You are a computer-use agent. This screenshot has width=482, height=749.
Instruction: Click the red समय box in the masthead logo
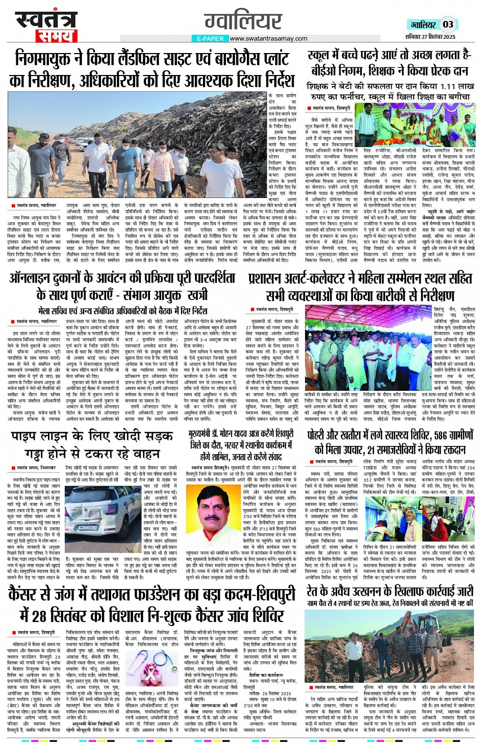click(56, 36)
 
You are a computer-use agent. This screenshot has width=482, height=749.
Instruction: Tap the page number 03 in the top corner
click(448, 24)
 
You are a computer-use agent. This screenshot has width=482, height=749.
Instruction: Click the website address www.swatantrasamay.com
click(268, 38)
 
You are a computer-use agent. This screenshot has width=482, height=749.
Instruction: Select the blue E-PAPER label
click(210, 39)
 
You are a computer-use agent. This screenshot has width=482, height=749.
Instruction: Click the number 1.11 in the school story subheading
click(434, 87)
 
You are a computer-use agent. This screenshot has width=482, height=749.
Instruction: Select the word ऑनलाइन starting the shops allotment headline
click(37, 279)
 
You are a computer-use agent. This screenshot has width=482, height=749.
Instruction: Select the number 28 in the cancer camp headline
click(39, 616)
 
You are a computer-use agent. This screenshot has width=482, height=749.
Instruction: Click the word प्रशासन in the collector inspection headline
click(270, 279)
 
